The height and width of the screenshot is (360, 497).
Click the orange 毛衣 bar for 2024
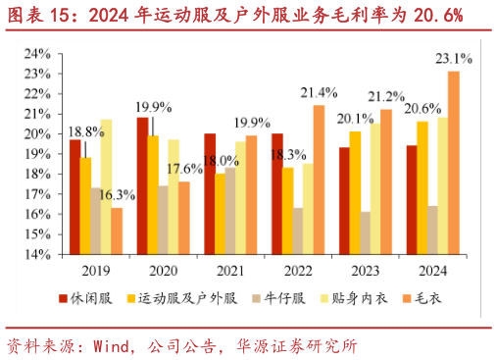coord(454,162)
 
